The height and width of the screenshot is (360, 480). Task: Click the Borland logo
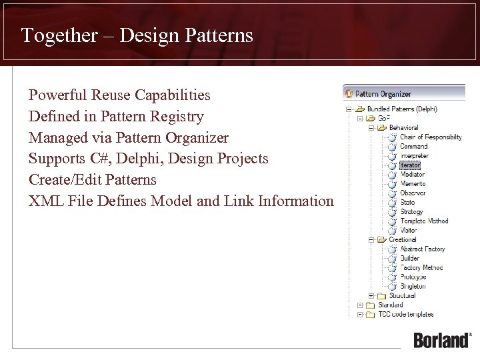(x=442, y=339)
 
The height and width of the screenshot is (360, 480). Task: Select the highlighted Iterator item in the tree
(x=410, y=165)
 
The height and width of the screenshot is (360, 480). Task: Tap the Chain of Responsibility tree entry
(x=430, y=137)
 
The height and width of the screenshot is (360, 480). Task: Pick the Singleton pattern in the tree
(x=413, y=286)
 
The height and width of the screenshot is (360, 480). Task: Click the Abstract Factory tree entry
(x=422, y=249)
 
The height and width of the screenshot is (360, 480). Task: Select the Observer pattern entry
(x=413, y=193)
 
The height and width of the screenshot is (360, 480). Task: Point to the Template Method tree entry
(x=424, y=221)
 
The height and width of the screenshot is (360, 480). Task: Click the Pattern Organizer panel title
(x=383, y=94)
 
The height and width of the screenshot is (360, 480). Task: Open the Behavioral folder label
(x=403, y=127)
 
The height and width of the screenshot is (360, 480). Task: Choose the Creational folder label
(x=402, y=239)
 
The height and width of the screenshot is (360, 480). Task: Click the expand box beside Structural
(x=371, y=295)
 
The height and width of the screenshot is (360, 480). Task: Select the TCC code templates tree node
(x=405, y=314)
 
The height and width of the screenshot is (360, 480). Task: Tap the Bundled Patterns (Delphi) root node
(x=402, y=109)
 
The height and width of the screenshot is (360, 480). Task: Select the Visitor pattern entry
(x=409, y=230)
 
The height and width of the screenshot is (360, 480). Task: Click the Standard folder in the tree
(x=390, y=305)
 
